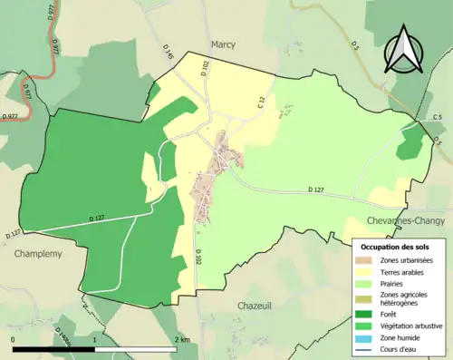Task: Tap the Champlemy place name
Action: (37, 254)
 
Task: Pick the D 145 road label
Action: (169, 56)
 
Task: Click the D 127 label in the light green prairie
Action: (315, 189)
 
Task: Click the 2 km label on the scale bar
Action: (182, 339)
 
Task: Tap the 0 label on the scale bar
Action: (13, 339)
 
